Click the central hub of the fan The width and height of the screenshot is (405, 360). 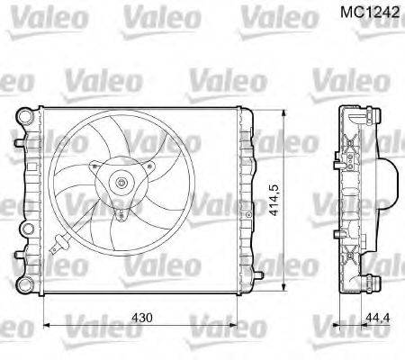click(x=121, y=184)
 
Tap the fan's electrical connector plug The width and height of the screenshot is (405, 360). click(x=58, y=241)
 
